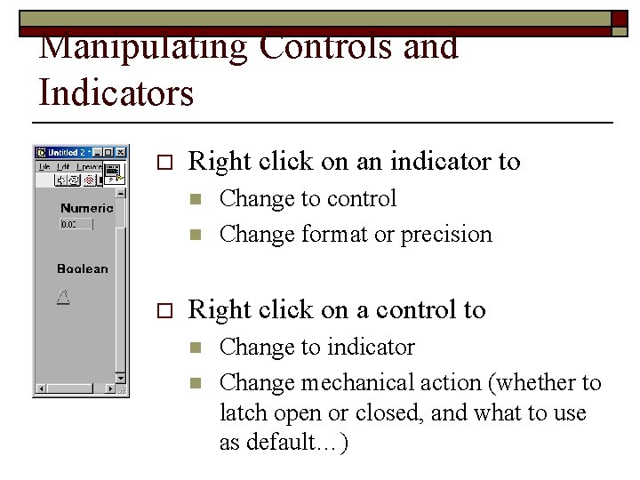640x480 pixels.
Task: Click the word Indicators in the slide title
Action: tap(116, 92)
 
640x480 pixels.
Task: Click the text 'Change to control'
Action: tap(308, 198)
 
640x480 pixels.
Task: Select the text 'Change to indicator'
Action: tap(316, 347)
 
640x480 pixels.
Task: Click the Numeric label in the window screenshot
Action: tap(86, 208)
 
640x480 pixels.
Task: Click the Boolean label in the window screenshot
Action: tap(82, 268)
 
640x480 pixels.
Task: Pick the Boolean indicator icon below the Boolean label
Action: tap(62, 297)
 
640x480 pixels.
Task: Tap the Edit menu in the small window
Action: tap(62, 166)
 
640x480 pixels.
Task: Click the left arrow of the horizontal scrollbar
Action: tap(40, 388)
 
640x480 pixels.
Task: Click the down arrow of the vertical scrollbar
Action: tap(122, 377)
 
